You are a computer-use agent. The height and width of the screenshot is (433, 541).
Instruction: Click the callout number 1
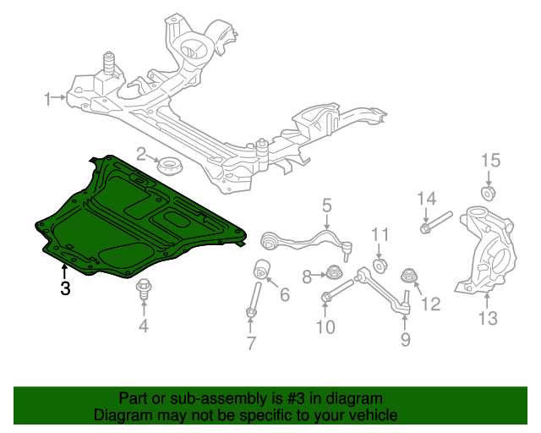click(48, 99)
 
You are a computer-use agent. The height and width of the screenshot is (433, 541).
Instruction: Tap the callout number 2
click(143, 154)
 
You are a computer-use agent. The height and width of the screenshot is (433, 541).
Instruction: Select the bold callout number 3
click(65, 288)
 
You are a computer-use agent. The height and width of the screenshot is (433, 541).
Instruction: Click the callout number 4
click(144, 326)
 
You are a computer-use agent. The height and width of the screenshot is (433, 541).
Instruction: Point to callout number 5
click(326, 205)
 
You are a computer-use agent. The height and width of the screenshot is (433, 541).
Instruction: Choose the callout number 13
click(488, 318)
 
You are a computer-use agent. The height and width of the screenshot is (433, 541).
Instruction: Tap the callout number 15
click(490, 161)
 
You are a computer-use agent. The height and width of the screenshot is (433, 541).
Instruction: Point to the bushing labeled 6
click(263, 271)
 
